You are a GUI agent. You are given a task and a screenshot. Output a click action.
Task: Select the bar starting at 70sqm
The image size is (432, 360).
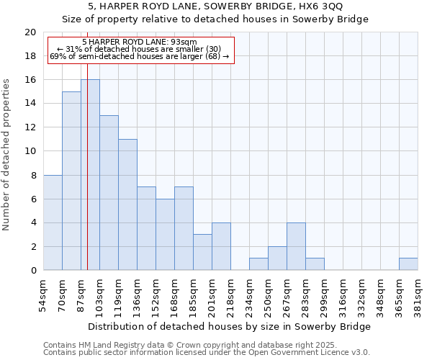pos(71,181)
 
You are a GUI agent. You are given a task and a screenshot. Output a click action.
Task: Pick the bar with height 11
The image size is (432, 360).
pos(127,204)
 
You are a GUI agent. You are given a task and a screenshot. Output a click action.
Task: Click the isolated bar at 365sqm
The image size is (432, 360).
pos(408,264)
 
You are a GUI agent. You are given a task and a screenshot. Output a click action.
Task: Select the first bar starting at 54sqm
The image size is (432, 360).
pos(53,222)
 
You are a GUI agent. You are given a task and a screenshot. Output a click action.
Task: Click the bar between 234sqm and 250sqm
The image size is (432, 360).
pos(258,264)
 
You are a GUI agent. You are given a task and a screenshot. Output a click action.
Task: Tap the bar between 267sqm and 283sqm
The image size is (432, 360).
pos(296,246)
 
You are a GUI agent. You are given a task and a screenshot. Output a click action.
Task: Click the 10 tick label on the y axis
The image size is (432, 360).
pos(30,151)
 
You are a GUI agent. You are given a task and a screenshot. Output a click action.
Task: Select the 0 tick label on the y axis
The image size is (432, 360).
pos(32,271)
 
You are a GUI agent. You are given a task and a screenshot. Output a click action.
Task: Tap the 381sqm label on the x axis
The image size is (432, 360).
pos(418,296)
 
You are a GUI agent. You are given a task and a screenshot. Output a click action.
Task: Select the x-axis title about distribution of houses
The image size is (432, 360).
pos(230,326)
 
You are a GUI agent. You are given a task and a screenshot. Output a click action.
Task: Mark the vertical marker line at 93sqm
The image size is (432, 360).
pos(87,180)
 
